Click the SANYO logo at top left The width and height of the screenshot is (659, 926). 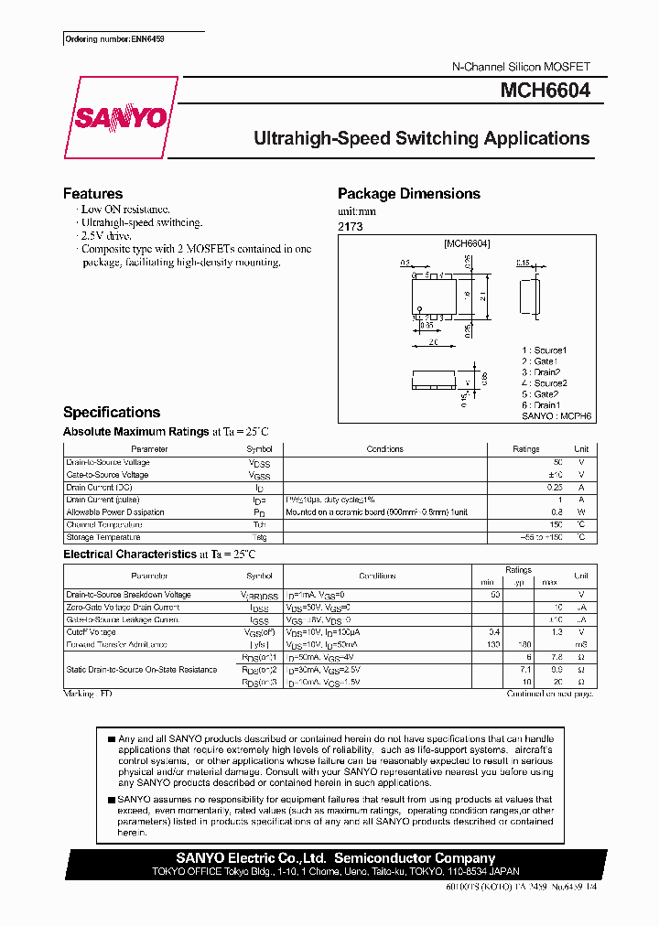tap(120, 118)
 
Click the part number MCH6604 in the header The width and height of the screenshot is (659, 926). tap(545, 91)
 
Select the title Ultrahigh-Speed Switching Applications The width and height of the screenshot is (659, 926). tap(421, 139)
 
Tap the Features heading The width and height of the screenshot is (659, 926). tap(92, 194)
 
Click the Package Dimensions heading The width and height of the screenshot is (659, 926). tap(408, 194)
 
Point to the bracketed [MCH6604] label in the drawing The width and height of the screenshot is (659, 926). tap(467, 244)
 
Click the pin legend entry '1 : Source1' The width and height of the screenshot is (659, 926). tap(545, 350)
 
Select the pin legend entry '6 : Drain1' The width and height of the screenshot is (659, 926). tap(541, 404)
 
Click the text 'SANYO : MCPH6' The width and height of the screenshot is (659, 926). tap(556, 415)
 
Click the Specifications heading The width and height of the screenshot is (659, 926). tap(112, 413)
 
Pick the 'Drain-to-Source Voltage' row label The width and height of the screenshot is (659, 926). tap(107, 462)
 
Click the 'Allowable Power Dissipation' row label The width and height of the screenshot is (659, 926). tap(115, 512)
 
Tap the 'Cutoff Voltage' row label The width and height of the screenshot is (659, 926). tap(91, 632)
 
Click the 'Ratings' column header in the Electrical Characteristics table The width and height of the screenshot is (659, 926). tap(518, 570)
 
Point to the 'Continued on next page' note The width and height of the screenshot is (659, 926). tap(551, 694)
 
